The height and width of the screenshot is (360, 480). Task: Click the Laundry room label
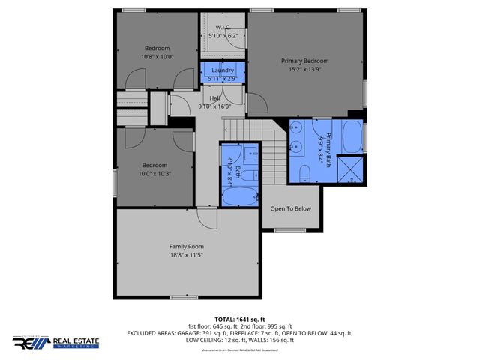pyautogui.click(x=223, y=70)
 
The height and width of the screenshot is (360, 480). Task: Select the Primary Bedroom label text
pyautogui.click(x=304, y=61)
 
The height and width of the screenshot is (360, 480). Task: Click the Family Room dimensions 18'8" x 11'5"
pyautogui.click(x=186, y=255)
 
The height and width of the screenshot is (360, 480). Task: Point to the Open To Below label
pyautogui.click(x=290, y=208)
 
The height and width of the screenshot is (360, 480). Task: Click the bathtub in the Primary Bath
pyautogui.click(x=351, y=137)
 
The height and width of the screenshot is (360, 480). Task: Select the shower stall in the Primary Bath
pyautogui.click(x=349, y=169)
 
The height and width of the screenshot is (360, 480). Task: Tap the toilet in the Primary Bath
pyautogui.click(x=304, y=175)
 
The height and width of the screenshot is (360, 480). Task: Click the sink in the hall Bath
pyautogui.click(x=250, y=154)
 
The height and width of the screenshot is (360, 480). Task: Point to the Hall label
pyautogui.click(x=214, y=98)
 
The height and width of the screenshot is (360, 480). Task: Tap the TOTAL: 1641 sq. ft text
pyautogui.click(x=239, y=319)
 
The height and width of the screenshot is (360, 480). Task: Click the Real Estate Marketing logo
pyautogui.click(x=55, y=343)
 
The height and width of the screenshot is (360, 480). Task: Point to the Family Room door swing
pyautogui.click(x=202, y=217)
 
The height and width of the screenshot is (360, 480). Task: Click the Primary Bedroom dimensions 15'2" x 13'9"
pyautogui.click(x=304, y=70)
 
